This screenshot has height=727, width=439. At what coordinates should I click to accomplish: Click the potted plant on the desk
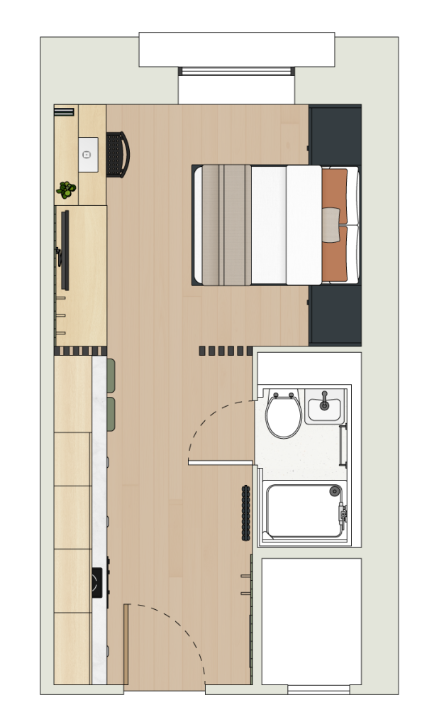tap(66, 190)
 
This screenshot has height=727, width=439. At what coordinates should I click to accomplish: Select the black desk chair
tap(118, 154)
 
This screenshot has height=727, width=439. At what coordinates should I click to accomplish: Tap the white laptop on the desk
tap(88, 154)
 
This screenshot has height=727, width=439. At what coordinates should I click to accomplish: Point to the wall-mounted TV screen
tap(65, 250)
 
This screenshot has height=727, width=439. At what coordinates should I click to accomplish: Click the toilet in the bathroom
tap(284, 416)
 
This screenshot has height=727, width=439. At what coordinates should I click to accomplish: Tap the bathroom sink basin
tap(324, 408)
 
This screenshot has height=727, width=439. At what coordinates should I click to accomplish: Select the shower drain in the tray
tap(335, 491)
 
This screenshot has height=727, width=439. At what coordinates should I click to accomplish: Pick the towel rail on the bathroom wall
tap(344, 445)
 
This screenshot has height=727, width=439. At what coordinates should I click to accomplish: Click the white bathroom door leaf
tap(221, 463)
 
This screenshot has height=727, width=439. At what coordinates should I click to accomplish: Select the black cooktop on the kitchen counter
tap(97, 582)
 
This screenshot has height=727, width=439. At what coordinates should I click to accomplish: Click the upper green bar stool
tap(111, 375)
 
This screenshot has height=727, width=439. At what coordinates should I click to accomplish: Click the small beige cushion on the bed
tap(331, 225)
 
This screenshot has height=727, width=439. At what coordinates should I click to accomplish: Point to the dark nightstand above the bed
tap(335, 135)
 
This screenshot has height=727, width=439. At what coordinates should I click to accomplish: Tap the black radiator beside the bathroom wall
tap(245, 513)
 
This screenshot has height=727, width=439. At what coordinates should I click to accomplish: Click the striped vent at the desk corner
tap(64, 111)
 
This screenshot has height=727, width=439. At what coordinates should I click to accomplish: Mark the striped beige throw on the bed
tap(226, 224)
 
